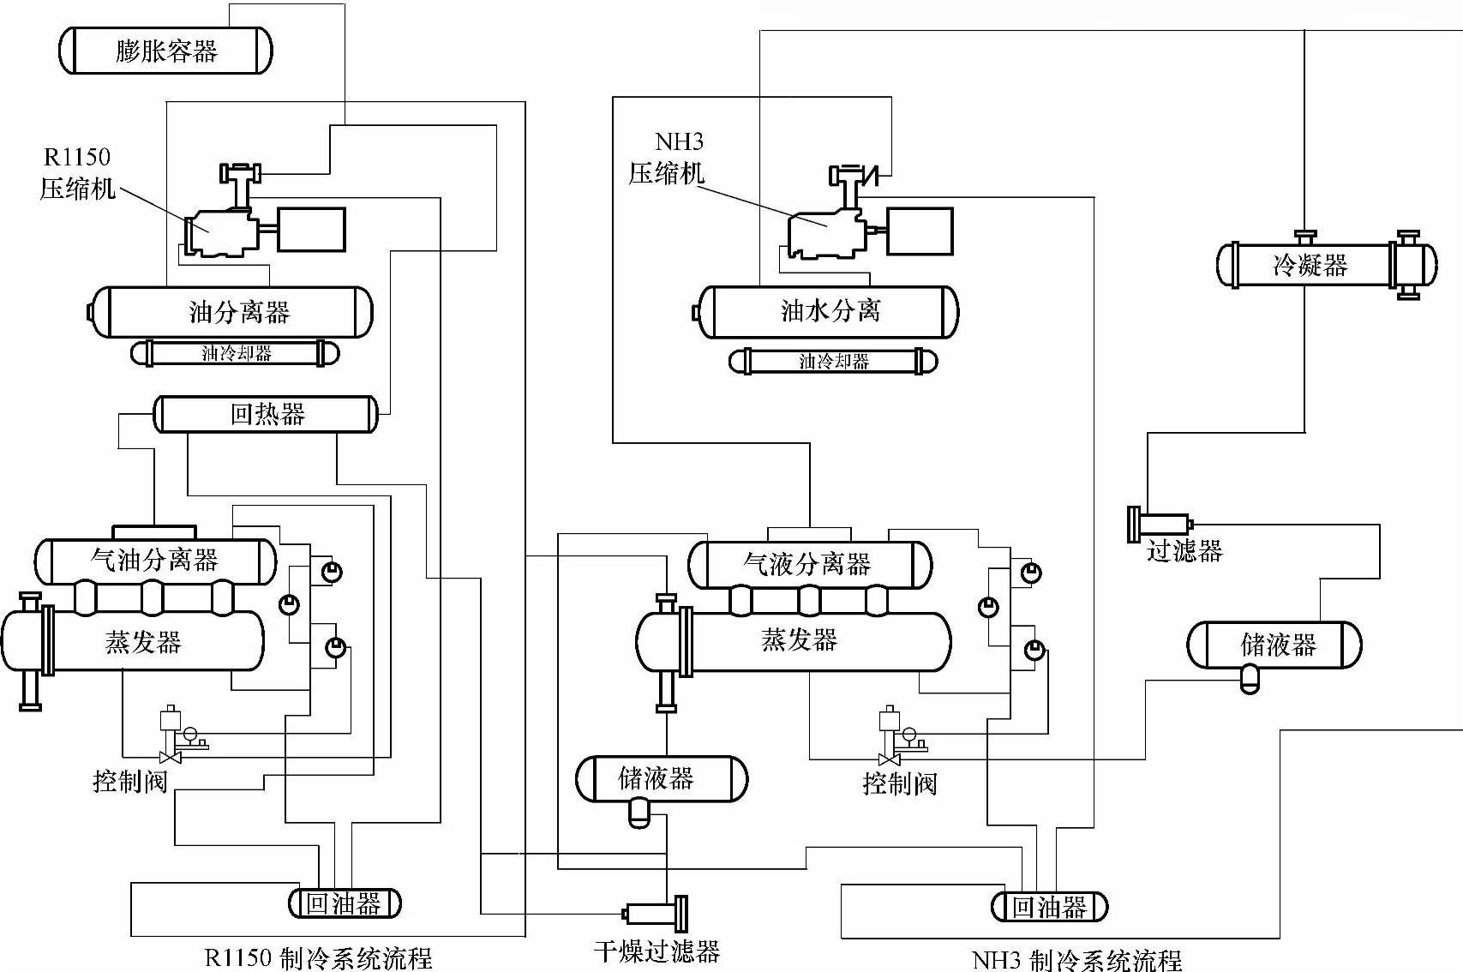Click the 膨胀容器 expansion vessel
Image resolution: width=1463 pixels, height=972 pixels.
pos(165,51)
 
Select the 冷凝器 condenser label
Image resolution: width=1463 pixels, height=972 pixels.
pos(1310,265)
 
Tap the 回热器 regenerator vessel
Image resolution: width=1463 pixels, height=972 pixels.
pos(267,415)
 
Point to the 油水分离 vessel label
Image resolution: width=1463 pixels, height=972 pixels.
pos(830,310)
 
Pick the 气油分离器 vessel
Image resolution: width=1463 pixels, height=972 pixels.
pos(155,561)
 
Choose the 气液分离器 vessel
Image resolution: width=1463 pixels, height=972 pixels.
pos(808,564)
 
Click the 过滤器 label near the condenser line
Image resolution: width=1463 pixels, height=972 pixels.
pos(1184,550)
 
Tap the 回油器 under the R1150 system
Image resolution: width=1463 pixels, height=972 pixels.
pos(344,903)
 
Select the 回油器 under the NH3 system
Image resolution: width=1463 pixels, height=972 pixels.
pos(1049,907)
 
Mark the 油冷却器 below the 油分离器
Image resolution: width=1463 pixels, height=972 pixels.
pos(236,353)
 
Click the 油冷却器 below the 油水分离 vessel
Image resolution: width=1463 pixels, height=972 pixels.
pos(833,362)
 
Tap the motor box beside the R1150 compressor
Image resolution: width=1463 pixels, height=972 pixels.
pos(312,230)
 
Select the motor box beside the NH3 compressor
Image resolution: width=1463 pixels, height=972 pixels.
pos(920,231)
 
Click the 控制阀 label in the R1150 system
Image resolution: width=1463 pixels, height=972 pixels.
pos(129,781)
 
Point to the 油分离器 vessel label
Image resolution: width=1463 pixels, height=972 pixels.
pos(239,312)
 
